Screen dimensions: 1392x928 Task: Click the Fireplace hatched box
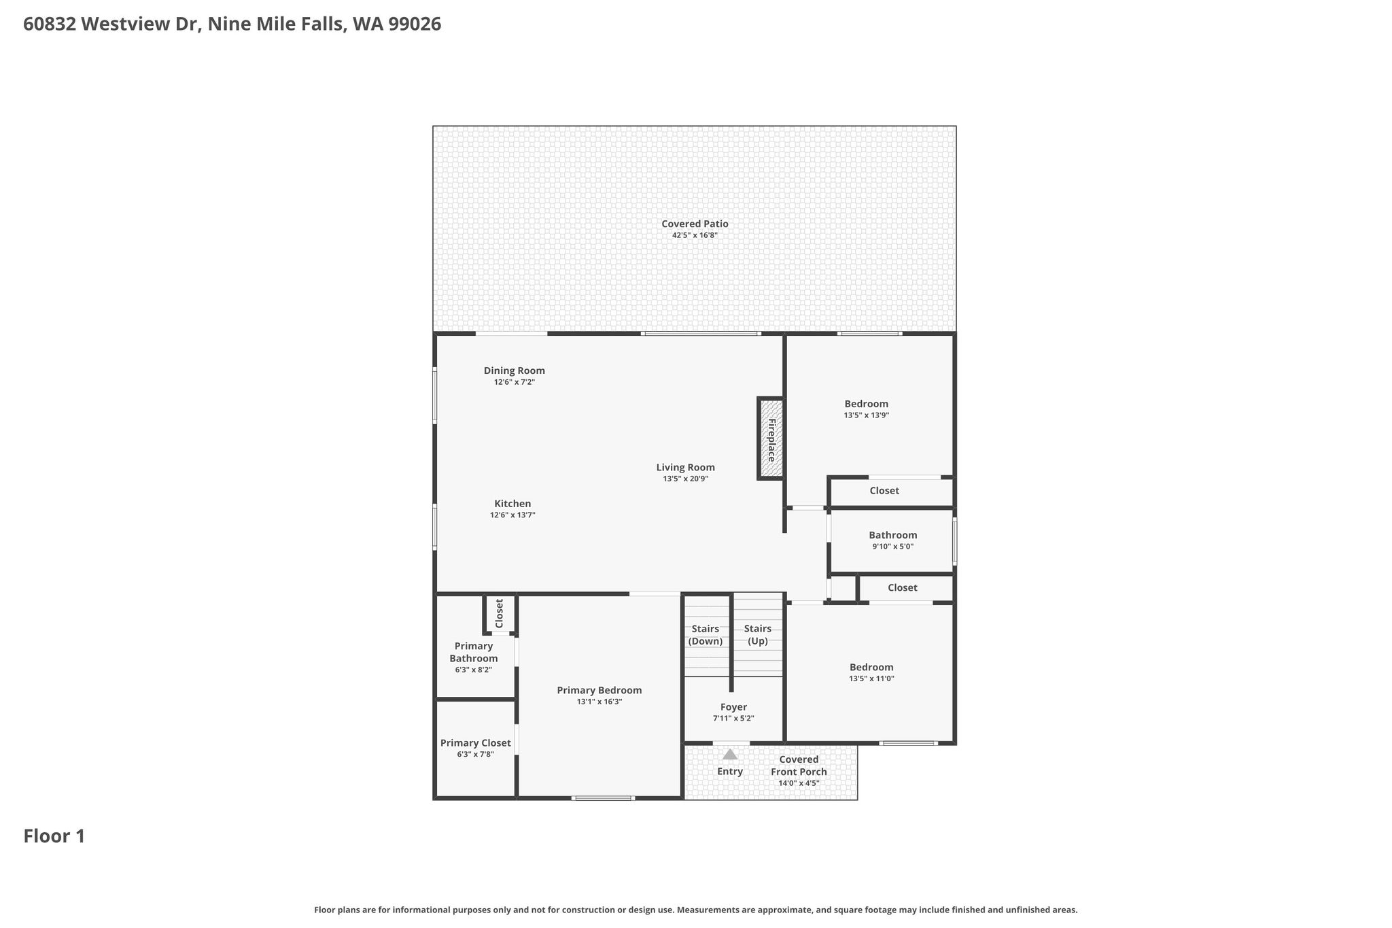pyautogui.click(x=771, y=439)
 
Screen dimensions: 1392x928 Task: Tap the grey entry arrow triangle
pyautogui.click(x=730, y=754)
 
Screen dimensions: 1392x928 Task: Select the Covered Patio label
pyautogui.click(x=695, y=224)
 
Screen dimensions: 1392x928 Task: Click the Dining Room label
pyautogui.click(x=515, y=371)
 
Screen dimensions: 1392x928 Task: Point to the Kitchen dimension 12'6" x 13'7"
pyautogui.click(x=512, y=515)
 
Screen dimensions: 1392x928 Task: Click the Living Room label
pyautogui.click(x=685, y=467)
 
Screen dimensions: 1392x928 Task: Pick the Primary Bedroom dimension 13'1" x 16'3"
pyautogui.click(x=599, y=702)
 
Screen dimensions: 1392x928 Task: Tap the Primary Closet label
pyautogui.click(x=475, y=743)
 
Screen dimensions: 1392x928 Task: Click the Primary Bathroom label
pyautogui.click(x=474, y=652)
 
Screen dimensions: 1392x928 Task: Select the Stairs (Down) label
pyautogui.click(x=706, y=635)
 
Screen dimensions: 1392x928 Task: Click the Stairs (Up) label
pyautogui.click(x=757, y=635)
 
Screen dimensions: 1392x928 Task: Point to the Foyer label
pyautogui.click(x=733, y=707)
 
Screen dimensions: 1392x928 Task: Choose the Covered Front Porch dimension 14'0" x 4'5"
pyautogui.click(x=799, y=783)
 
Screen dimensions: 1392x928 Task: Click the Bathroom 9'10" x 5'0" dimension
pyautogui.click(x=892, y=547)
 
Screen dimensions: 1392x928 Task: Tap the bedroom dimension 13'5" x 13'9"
pyautogui.click(x=867, y=415)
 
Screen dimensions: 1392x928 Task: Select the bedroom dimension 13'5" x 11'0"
pyautogui.click(x=871, y=678)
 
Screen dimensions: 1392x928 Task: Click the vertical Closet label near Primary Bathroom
pyautogui.click(x=500, y=613)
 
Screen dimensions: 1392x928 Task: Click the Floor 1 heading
pyautogui.click(x=54, y=836)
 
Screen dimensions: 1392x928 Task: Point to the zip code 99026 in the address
pyautogui.click(x=415, y=24)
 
